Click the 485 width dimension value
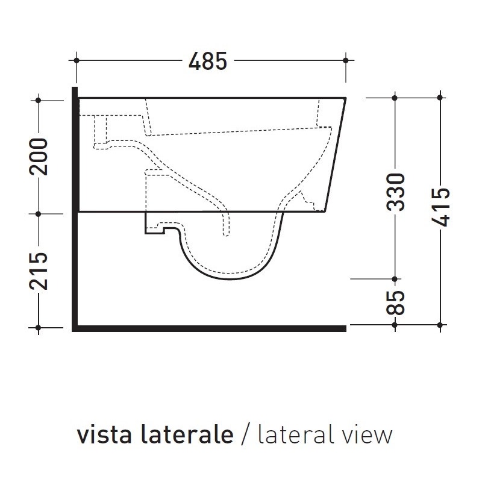[x=208, y=61]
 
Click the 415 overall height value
[x=442, y=207]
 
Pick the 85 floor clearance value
[x=396, y=302]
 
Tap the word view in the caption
[x=369, y=434]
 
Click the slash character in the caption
[x=245, y=435]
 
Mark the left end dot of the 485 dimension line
[x=77, y=60]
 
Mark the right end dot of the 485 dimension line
[x=345, y=60]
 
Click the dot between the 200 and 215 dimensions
[x=39, y=213]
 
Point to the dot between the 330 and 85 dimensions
[x=395, y=279]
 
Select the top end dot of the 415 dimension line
[x=442, y=98]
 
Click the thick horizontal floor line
[x=211, y=328]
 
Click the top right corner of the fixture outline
[x=345, y=98]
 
